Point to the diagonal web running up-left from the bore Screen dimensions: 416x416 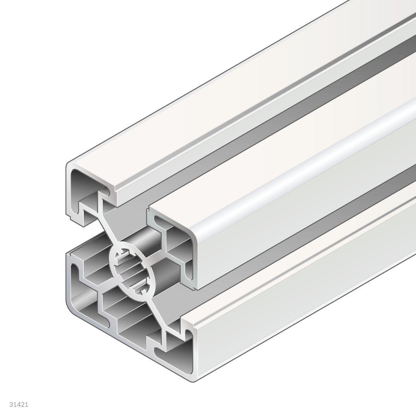tap(106, 228)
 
